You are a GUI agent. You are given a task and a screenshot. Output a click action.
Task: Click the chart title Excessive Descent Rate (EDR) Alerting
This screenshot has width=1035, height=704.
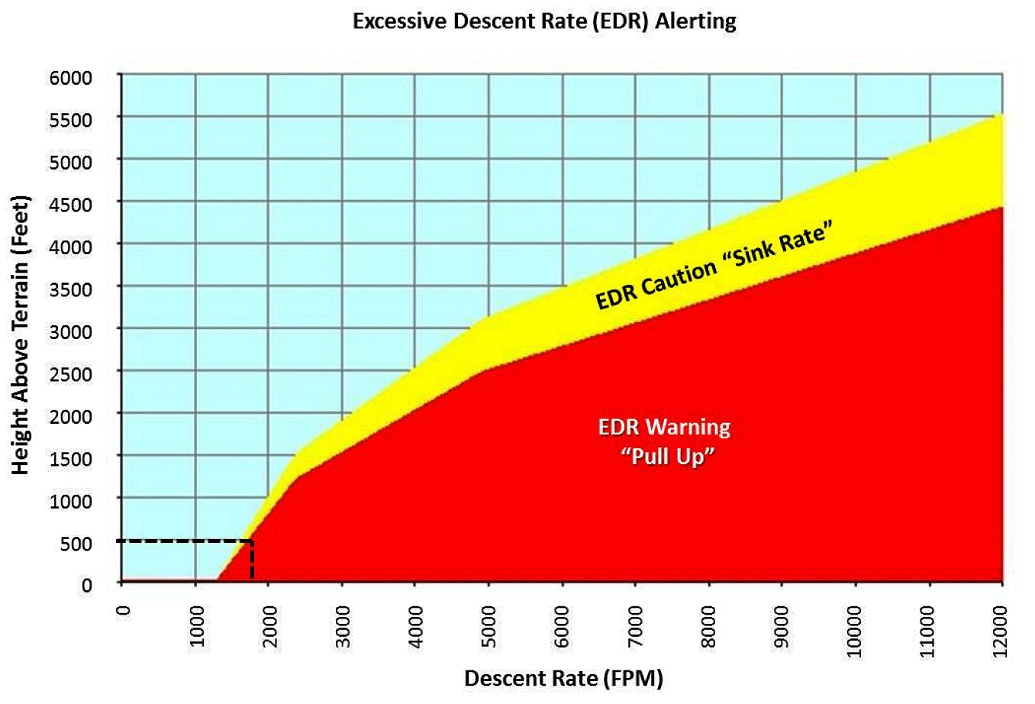(x=544, y=21)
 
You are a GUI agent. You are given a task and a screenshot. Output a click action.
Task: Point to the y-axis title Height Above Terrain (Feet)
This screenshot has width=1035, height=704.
(x=21, y=335)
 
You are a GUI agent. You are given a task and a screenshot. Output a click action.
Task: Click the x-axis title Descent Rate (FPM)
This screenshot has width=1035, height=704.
(x=563, y=678)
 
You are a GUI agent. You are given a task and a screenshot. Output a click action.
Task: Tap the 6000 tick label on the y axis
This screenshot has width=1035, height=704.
(x=71, y=78)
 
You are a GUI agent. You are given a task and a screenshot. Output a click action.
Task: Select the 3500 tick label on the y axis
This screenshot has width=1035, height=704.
(x=71, y=289)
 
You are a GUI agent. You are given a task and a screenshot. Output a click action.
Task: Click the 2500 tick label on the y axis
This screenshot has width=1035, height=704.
(x=71, y=374)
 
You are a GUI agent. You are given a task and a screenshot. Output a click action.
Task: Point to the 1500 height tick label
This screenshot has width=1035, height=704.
(x=71, y=459)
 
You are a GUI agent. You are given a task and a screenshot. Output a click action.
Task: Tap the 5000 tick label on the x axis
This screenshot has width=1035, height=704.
(x=488, y=627)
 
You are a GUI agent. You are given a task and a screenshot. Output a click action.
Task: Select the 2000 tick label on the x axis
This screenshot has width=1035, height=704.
(x=269, y=627)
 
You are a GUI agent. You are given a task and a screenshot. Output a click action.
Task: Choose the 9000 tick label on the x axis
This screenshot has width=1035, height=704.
(x=781, y=627)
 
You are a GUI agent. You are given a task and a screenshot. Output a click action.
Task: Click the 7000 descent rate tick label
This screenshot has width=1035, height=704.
(x=635, y=627)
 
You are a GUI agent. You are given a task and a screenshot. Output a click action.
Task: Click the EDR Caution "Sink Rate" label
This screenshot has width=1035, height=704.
(x=714, y=265)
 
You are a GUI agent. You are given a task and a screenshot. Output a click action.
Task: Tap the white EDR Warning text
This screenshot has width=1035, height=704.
(x=664, y=427)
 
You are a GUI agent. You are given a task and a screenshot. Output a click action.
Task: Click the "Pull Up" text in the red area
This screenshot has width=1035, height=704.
(x=668, y=457)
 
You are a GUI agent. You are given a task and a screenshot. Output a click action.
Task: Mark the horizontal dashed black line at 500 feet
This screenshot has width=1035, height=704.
(x=183, y=541)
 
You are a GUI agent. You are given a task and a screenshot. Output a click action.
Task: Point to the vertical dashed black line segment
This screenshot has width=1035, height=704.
(x=252, y=561)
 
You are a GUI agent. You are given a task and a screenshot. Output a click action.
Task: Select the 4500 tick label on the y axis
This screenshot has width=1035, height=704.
(x=71, y=205)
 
